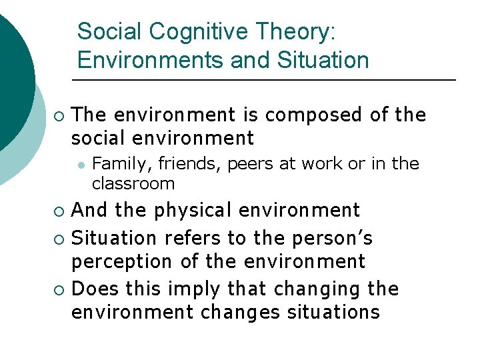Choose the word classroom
tap(133, 183)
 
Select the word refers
tap(198, 237)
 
